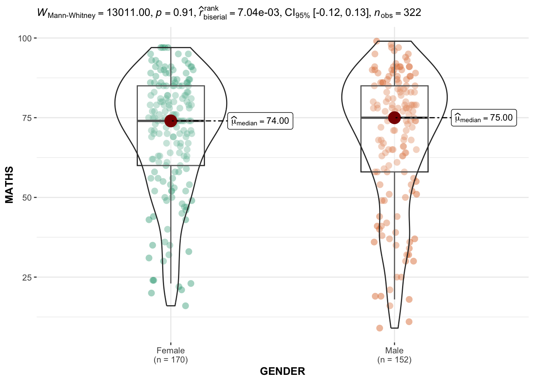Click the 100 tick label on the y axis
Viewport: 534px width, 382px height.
(24, 38)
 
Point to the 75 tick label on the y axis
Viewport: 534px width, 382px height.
(27, 118)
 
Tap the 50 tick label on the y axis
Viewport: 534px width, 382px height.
(27, 198)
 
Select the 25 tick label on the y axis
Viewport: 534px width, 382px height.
(27, 277)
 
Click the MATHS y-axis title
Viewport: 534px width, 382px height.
(10, 185)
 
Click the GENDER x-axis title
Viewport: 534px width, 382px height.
(282, 371)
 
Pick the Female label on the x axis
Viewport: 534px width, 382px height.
(170, 351)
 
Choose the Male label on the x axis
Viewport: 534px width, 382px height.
(394, 351)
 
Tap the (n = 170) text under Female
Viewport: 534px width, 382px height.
(170, 360)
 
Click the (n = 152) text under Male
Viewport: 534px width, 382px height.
(394, 360)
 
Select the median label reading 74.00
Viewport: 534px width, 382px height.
(260, 121)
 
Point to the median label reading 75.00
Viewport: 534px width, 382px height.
(484, 118)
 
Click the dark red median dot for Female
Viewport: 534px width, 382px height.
(170, 121)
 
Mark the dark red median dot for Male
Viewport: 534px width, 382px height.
(394, 117)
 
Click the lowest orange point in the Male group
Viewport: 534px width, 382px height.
(379, 328)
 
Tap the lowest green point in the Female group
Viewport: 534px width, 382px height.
(185, 306)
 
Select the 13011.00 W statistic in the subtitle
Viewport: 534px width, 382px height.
(128, 13)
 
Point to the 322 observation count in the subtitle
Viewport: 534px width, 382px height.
(412, 13)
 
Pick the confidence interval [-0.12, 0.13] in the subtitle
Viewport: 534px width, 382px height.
(342, 13)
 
